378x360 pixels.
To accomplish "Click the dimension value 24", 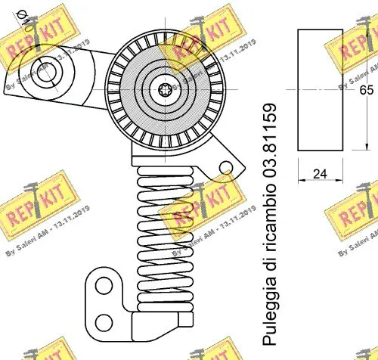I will click(320, 174).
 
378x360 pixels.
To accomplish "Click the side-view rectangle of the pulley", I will click(320, 90).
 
